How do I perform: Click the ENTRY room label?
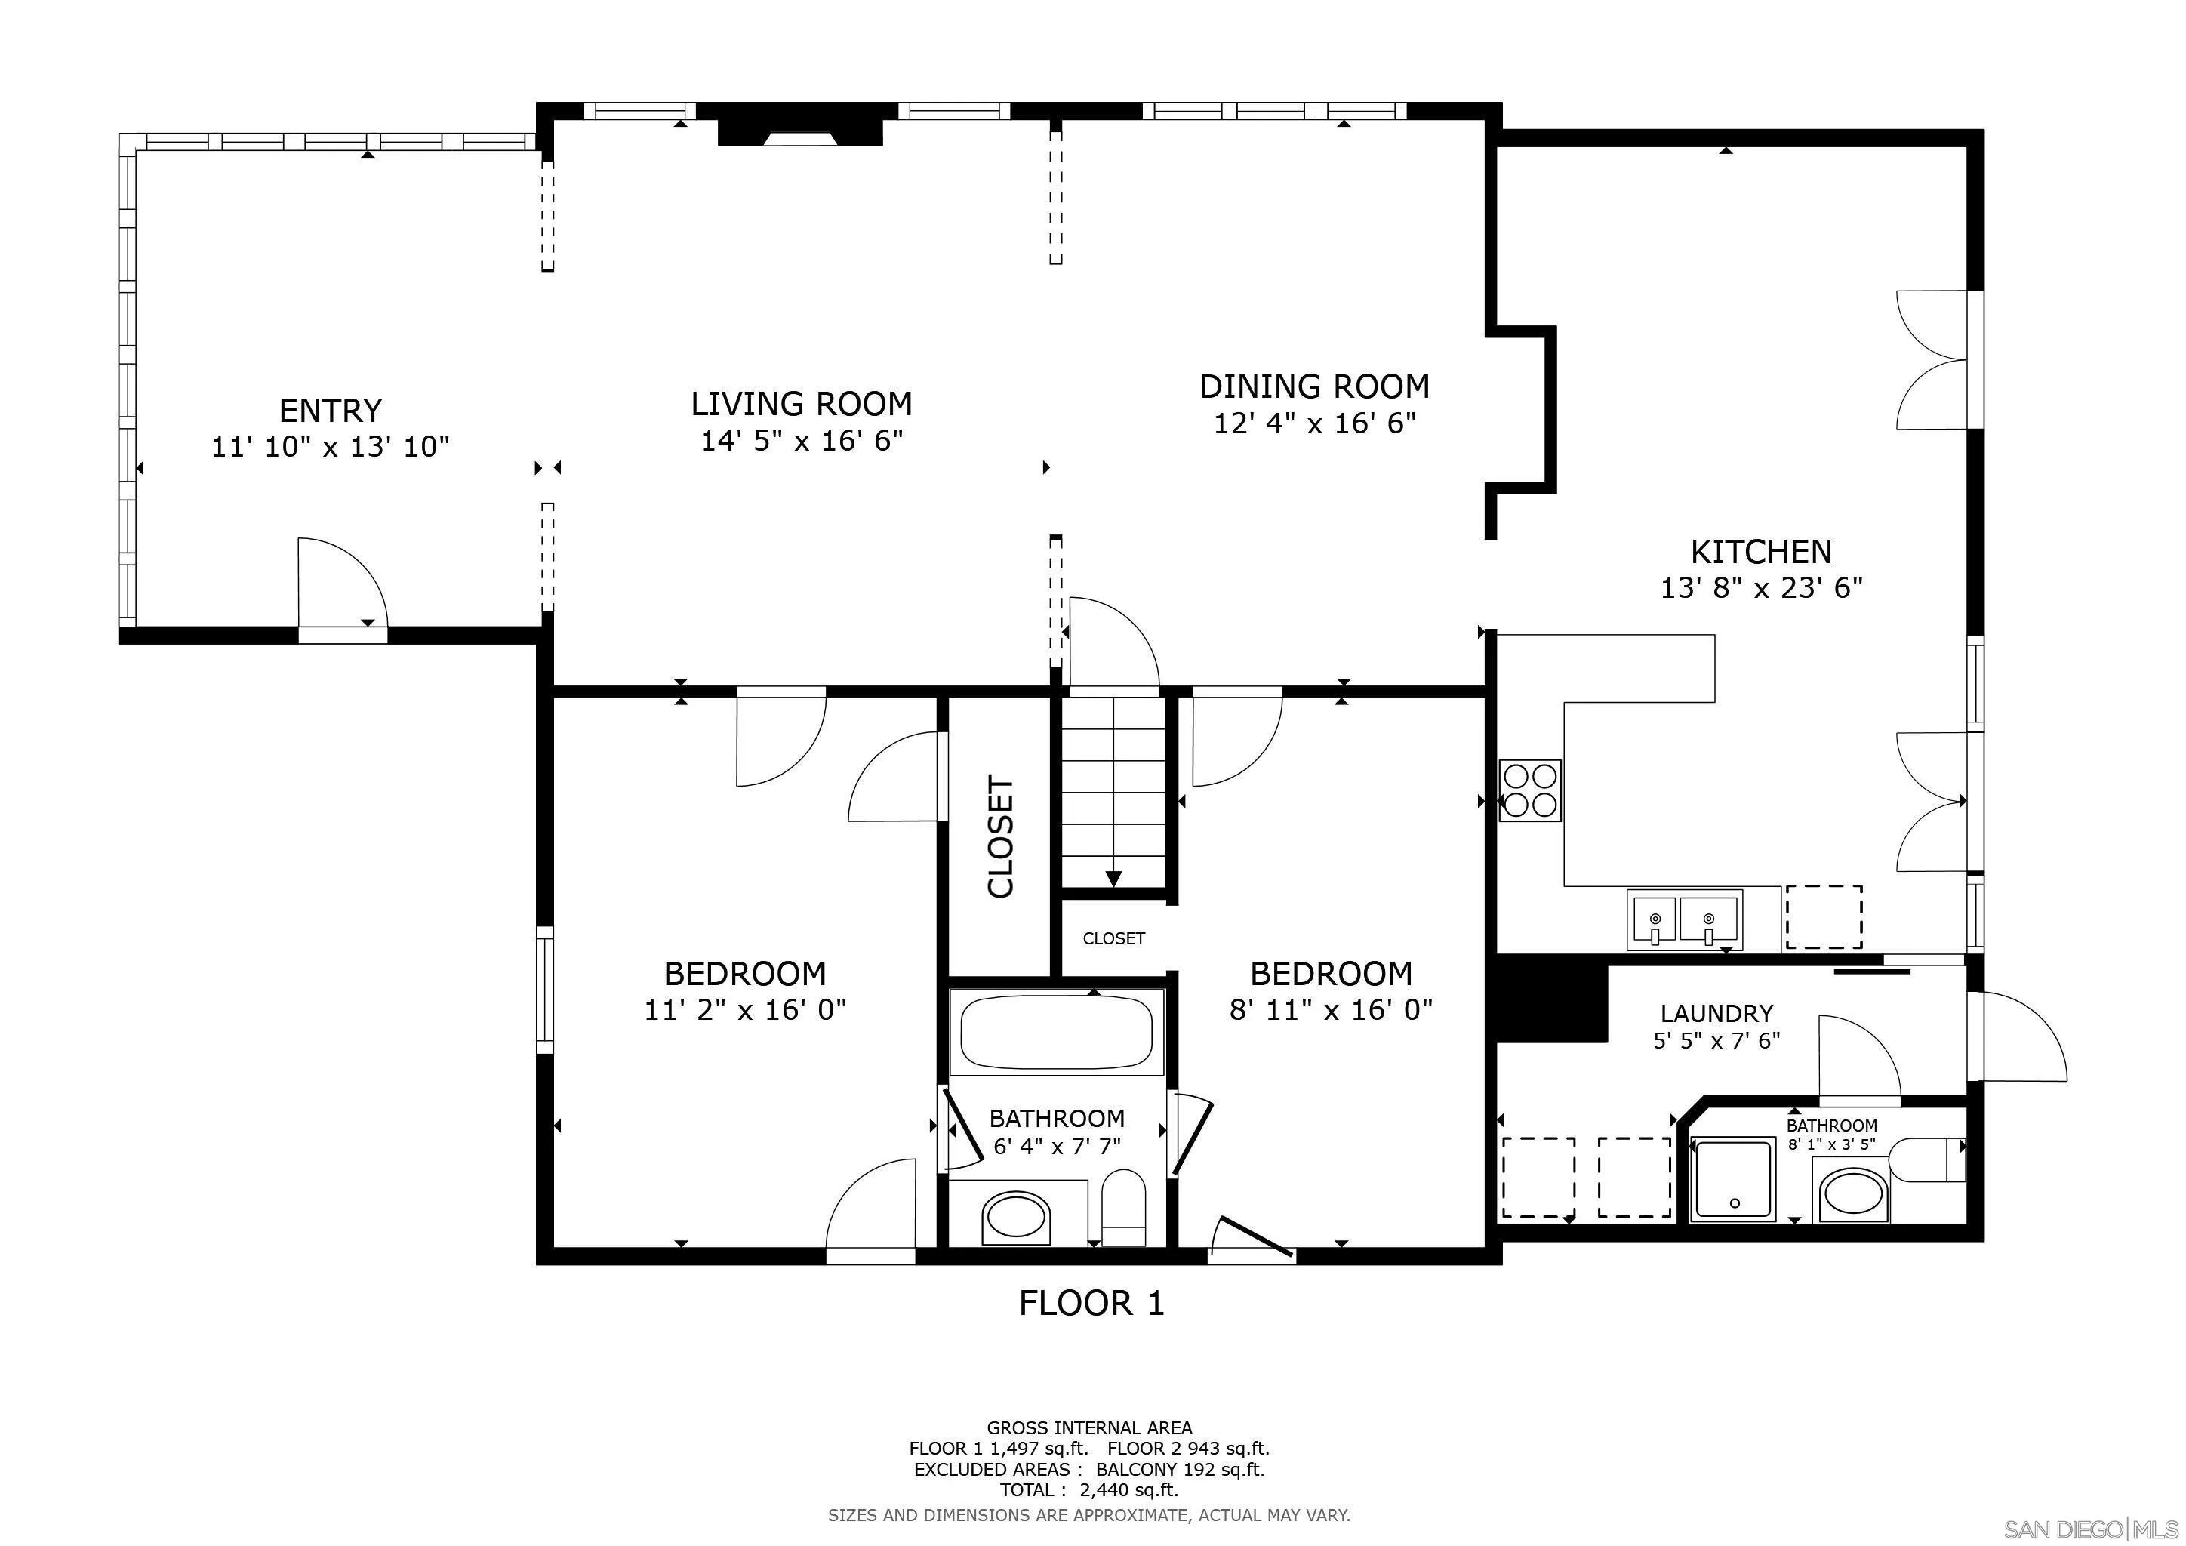point(331,411)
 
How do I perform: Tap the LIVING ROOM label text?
point(801,404)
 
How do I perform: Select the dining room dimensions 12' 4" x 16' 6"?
point(1314,423)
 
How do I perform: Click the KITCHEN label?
point(1760,551)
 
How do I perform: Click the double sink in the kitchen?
point(1683,919)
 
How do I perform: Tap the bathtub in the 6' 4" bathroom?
point(1056,1032)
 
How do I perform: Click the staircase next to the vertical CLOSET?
point(1113,790)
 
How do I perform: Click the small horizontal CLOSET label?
point(1113,938)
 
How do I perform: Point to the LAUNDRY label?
point(1716,1014)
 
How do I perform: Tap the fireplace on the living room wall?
point(800,131)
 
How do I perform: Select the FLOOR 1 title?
point(1091,1303)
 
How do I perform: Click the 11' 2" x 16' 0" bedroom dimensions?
point(744,1009)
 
